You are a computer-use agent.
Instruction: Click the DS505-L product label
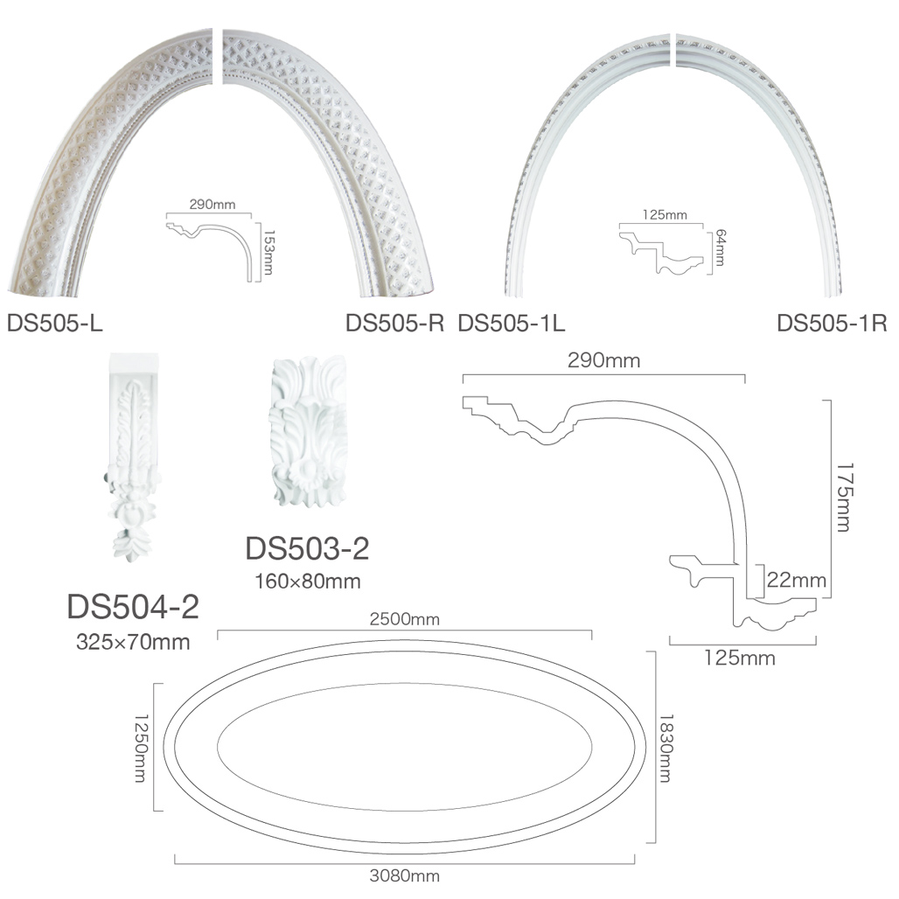tap(54, 324)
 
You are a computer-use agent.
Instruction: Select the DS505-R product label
tap(395, 324)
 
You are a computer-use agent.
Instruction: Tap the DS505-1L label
tap(512, 324)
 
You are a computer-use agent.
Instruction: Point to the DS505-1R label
tap(832, 324)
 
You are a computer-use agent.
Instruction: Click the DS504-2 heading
tap(133, 607)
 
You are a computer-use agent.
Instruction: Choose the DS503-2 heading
tap(307, 548)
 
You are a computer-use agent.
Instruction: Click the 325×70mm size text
tap(133, 642)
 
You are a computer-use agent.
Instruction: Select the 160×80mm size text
tap(308, 582)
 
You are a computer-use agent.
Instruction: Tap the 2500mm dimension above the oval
tap(405, 619)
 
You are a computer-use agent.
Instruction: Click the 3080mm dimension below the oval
tap(405, 876)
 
